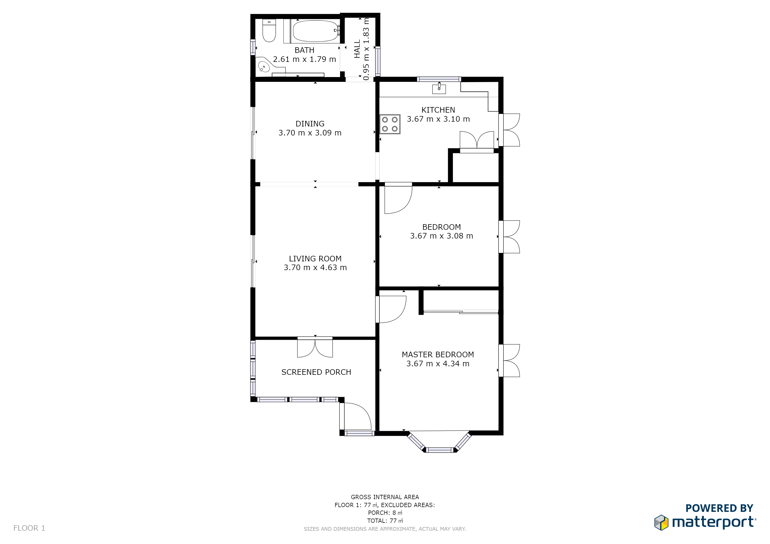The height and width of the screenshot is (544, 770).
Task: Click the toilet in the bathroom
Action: (269, 31)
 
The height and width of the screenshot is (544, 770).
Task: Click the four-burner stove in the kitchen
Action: (390, 124)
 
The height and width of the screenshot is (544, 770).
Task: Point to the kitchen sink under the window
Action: (439, 89)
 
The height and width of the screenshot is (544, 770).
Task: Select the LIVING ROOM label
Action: (315, 259)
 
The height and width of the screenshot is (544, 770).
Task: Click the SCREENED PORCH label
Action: (316, 372)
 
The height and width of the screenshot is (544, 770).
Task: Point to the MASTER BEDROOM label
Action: (438, 355)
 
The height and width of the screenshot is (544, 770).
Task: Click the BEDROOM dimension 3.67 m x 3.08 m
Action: (441, 236)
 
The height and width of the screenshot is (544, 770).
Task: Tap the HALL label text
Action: (357, 49)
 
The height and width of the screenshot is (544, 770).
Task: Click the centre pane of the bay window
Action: (440, 450)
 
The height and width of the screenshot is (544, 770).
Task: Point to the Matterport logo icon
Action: (661, 522)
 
